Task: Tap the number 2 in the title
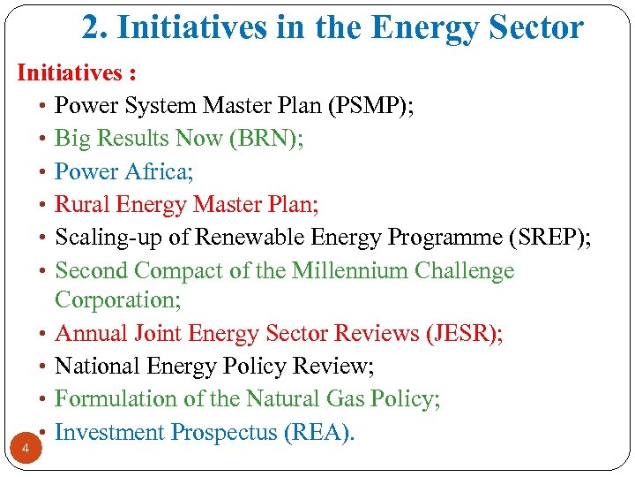[92, 27]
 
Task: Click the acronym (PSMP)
[371, 106]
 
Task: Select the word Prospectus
[220, 432]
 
